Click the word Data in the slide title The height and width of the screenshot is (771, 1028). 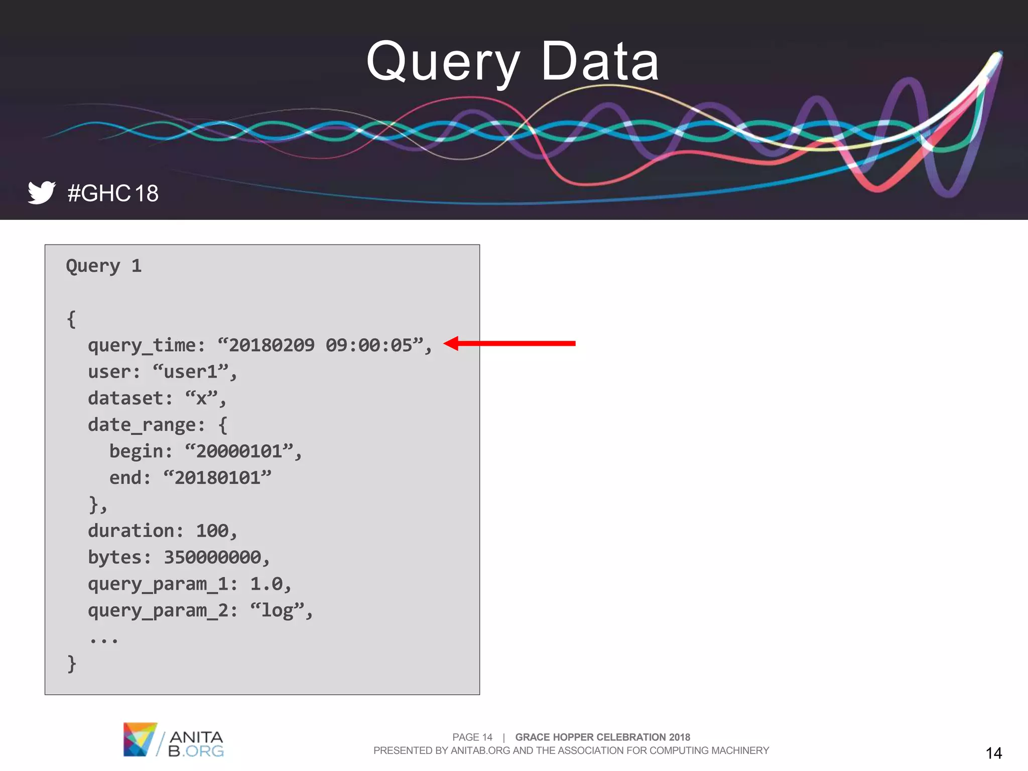pos(600,62)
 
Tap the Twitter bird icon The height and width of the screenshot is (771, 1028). pos(41,192)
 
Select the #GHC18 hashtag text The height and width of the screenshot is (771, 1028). pos(113,193)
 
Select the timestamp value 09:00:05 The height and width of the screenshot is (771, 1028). pos(368,345)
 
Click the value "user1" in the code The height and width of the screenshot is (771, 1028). pos(191,372)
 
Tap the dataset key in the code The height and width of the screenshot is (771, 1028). pos(125,399)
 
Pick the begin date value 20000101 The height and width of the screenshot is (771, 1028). pos(239,451)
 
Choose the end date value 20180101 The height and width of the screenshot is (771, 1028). pos(217,478)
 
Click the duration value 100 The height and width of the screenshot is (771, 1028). pos(212,531)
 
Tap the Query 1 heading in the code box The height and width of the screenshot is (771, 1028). pos(104,266)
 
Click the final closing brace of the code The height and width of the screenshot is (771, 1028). pos(71,664)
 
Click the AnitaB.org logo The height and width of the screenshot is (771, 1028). pos(173,740)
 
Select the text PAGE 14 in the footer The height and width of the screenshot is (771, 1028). pos(472,737)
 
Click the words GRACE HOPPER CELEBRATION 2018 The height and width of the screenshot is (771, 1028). pos(602,737)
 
